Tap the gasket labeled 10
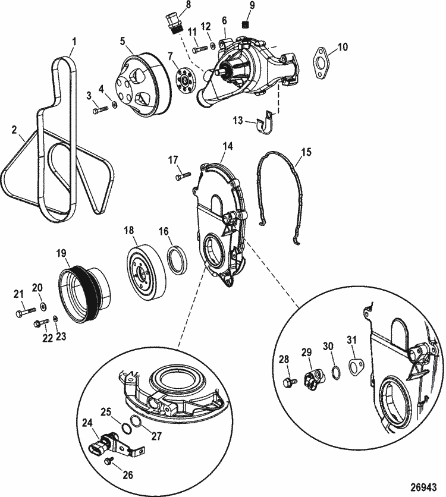(x=321, y=62)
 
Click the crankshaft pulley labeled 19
(x=86, y=296)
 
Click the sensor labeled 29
(x=313, y=379)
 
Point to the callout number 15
(x=306, y=152)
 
